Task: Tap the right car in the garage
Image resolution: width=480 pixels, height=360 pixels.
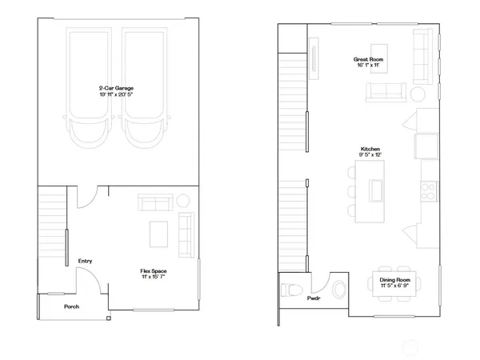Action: click(146, 88)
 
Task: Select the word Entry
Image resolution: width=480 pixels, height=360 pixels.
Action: click(85, 262)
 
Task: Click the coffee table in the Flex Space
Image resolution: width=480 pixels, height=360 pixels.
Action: click(158, 234)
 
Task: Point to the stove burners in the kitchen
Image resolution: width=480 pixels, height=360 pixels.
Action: click(427, 190)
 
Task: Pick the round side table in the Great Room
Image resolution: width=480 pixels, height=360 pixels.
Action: click(417, 93)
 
